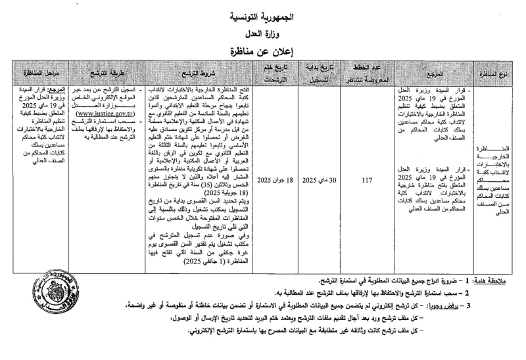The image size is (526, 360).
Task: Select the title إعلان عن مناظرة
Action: [x=262, y=49]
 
